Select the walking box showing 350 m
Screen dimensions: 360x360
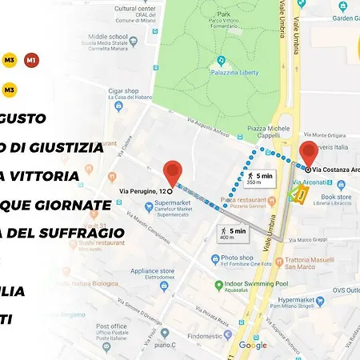tap(257, 178)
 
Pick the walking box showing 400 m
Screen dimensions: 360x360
tap(232, 234)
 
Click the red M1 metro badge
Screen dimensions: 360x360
tap(31, 61)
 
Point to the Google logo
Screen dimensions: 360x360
tap(253, 345)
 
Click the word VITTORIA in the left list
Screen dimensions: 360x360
tap(50, 176)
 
